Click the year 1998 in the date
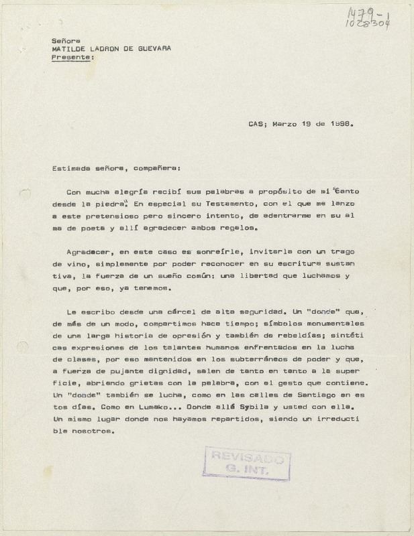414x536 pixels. click(341, 124)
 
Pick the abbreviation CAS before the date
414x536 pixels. click(255, 124)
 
